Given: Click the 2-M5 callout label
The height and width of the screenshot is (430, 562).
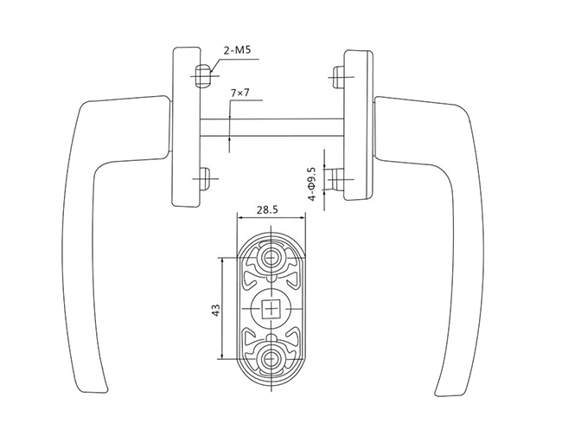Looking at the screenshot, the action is pos(237,50).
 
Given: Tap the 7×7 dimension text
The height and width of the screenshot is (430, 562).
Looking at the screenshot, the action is pos(240,93).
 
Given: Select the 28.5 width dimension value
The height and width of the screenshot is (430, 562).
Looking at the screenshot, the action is pos(267,209).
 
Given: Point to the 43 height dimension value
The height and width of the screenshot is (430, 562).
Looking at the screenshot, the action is pos(216,310).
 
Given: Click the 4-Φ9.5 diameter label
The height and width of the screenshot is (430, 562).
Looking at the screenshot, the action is pos(312,184).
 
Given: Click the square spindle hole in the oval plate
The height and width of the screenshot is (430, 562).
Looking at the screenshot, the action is pos(271,309).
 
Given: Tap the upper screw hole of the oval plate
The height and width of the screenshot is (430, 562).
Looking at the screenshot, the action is pos(271,257).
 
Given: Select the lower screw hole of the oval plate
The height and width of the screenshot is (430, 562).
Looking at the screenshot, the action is pos(271,358).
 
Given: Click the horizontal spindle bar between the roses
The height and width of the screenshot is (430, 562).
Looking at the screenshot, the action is pos(271,127).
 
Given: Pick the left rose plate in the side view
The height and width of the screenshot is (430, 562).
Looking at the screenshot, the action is pos(187,126).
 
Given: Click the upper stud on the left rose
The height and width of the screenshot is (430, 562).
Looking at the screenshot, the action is pos(202,75).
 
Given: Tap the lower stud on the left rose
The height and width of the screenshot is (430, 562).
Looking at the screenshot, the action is pos(205,179).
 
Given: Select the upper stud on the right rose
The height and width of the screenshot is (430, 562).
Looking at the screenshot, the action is pos(339,77).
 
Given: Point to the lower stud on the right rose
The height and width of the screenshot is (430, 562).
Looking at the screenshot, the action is pos(338,179).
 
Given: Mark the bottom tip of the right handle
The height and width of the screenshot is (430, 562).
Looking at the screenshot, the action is pos(436,395).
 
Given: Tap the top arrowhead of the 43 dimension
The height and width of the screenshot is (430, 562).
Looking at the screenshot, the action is pos(222,260).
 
